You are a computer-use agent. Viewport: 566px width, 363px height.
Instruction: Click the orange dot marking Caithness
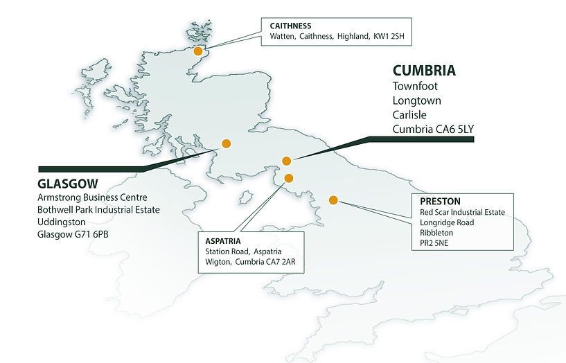point(198,51)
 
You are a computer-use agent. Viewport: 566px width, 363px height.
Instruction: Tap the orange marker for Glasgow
point(225,144)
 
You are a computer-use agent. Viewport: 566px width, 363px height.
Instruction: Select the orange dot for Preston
point(333,200)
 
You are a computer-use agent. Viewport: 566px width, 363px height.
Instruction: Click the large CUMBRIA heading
point(424,71)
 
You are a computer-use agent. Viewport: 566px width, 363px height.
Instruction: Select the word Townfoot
point(415,87)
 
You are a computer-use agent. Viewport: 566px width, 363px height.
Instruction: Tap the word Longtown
point(416,101)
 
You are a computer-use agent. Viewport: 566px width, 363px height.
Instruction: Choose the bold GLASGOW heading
point(68,184)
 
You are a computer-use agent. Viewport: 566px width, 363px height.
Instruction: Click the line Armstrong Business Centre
point(92,198)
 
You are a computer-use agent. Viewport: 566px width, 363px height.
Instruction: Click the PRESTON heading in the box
point(440,202)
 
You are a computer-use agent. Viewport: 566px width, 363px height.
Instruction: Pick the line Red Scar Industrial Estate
point(462,212)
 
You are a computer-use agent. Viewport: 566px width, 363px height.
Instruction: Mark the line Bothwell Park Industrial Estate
point(98,210)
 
